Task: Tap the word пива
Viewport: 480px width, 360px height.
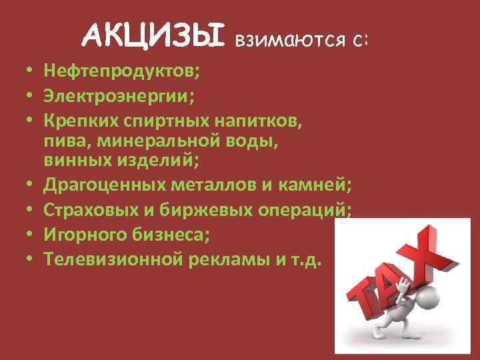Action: (x=64, y=141)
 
